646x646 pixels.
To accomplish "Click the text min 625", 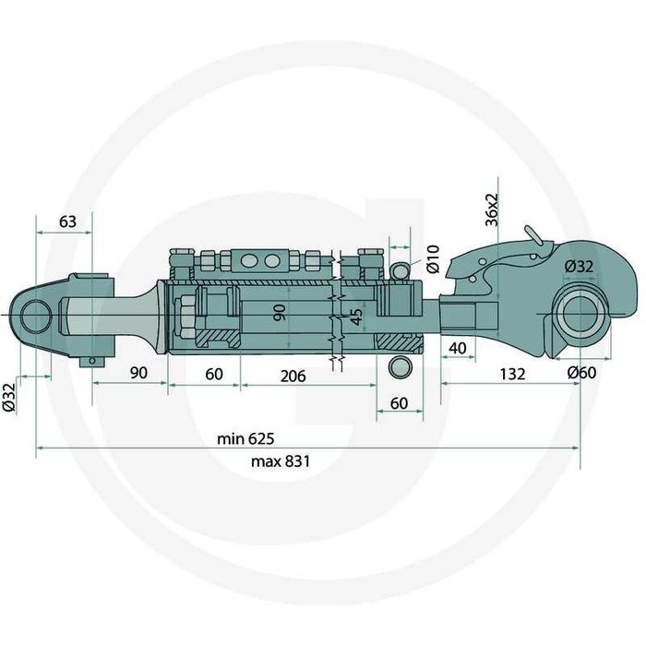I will click(247, 438).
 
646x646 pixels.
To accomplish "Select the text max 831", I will click(248, 461).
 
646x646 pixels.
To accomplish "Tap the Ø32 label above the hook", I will click(578, 266).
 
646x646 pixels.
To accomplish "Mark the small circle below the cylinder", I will click(399, 367).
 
